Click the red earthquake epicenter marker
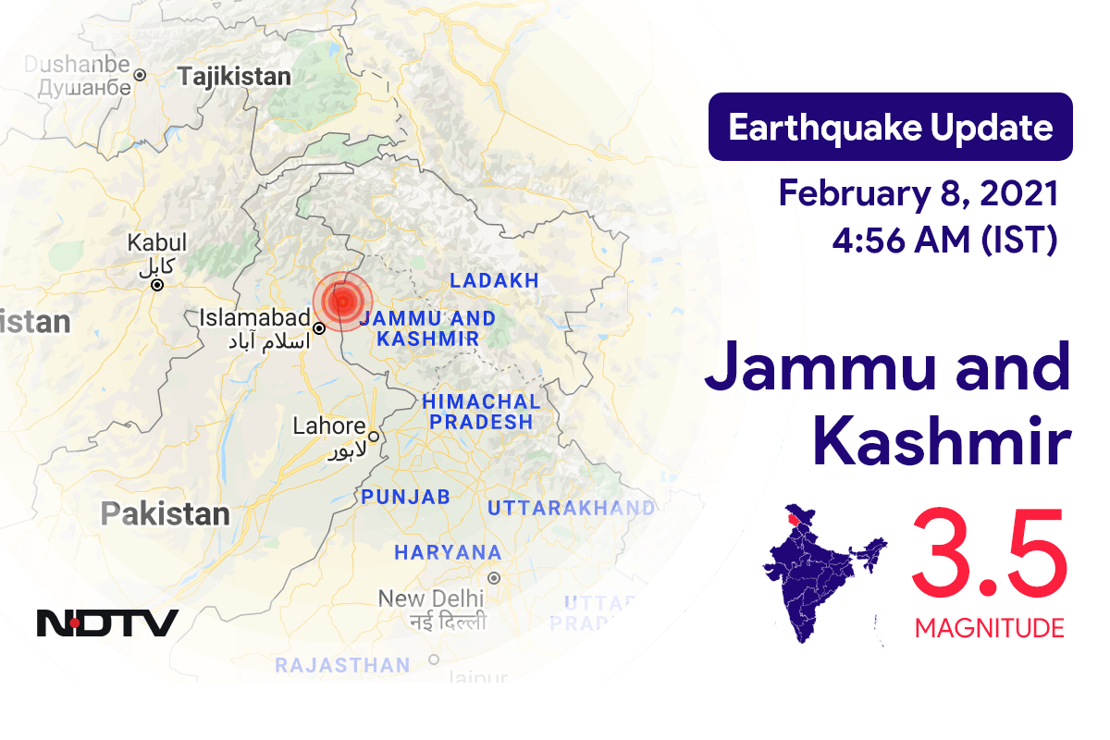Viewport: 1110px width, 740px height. click(342, 301)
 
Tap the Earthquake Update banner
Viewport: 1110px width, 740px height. click(890, 127)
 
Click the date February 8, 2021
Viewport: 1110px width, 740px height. click(918, 193)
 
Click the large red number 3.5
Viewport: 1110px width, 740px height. click(989, 556)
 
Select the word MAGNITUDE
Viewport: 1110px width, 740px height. click(989, 629)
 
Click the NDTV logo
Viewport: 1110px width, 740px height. click(107, 623)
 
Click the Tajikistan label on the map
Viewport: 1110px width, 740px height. click(235, 77)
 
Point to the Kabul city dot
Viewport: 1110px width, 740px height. click(157, 285)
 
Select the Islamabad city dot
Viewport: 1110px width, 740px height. click(319, 328)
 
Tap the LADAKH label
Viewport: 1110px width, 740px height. click(494, 280)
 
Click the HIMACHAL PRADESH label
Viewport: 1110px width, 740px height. click(481, 412)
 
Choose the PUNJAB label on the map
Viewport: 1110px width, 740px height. click(406, 497)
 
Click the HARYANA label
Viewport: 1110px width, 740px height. click(448, 552)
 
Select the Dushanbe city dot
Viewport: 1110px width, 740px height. click(140, 74)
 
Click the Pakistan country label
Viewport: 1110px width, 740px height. click(166, 513)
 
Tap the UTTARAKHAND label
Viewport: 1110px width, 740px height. click(571, 508)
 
